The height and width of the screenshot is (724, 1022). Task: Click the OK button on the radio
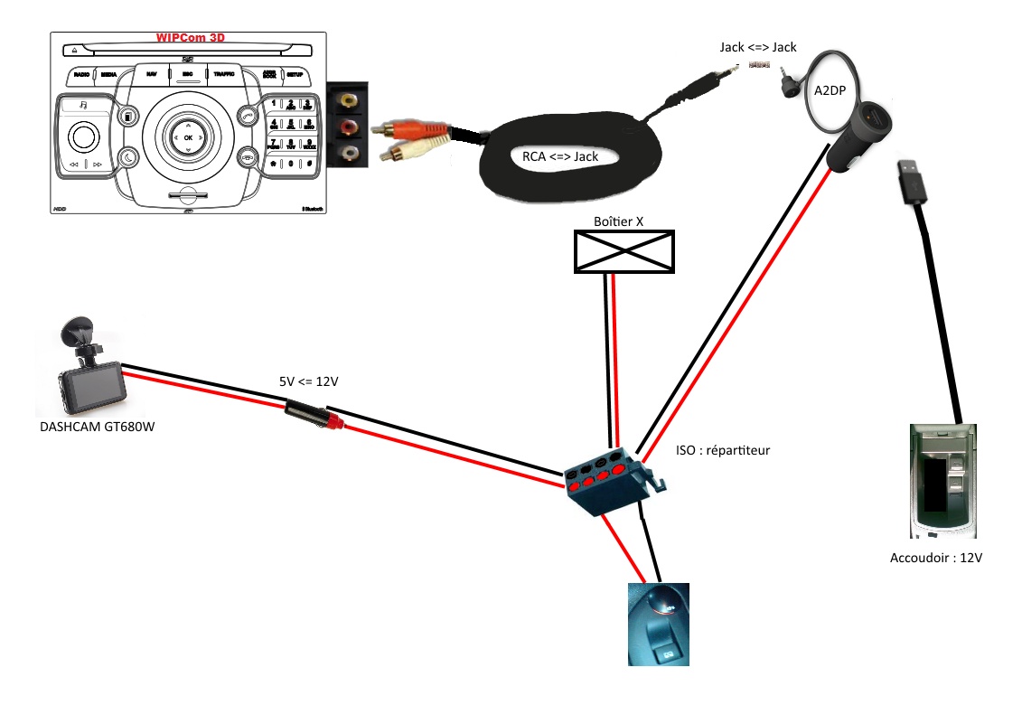tap(188, 136)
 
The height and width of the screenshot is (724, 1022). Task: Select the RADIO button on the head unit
tap(81, 75)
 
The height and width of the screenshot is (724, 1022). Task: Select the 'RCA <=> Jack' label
tap(560, 156)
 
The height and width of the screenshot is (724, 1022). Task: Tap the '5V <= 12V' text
tap(308, 381)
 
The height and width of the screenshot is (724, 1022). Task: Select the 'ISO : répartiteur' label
tap(723, 449)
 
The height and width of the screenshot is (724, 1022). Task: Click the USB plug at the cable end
tap(909, 180)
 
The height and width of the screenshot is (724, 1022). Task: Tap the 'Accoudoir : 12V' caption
tap(936, 558)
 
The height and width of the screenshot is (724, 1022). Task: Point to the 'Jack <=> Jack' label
tap(757, 46)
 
